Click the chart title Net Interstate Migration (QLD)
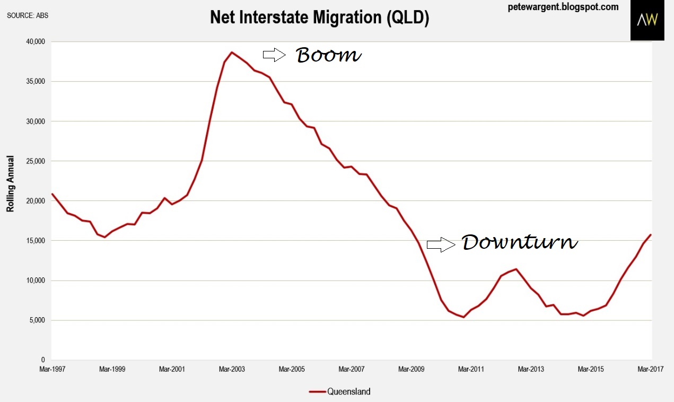(319, 18)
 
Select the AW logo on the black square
(647, 20)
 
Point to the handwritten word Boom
(328, 55)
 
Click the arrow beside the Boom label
(274, 54)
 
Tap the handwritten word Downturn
(520, 242)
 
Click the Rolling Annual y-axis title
(10, 184)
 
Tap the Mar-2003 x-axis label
(232, 369)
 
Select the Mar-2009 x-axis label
(412, 369)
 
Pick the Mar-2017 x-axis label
(650, 369)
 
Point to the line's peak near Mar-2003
(232, 52)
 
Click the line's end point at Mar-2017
(651, 234)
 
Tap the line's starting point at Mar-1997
(52, 194)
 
